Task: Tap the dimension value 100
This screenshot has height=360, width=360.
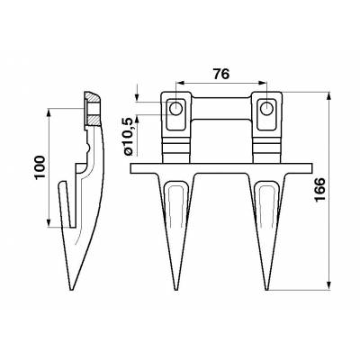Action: pos(36,170)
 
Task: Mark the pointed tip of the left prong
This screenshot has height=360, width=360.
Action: pos(177,290)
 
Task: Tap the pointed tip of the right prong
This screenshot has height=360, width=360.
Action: pos(268,290)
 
